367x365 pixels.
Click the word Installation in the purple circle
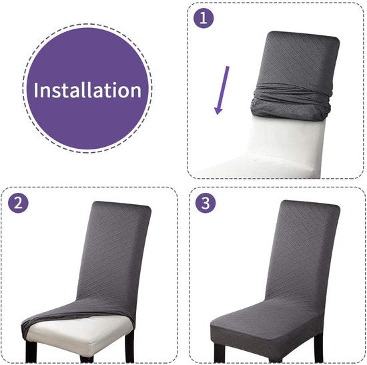[x=87, y=89]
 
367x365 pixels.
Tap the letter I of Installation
[x=35, y=89]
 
